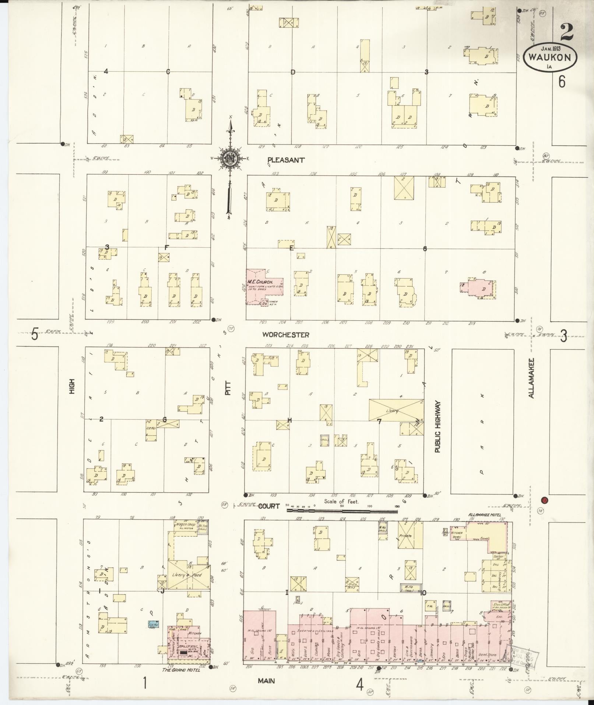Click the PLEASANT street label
(x=286, y=160)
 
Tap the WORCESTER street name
(x=285, y=335)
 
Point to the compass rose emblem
(x=230, y=159)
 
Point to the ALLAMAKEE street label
(x=531, y=377)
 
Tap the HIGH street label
(x=72, y=386)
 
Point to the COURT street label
(x=269, y=506)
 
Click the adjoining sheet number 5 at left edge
(x=34, y=335)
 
